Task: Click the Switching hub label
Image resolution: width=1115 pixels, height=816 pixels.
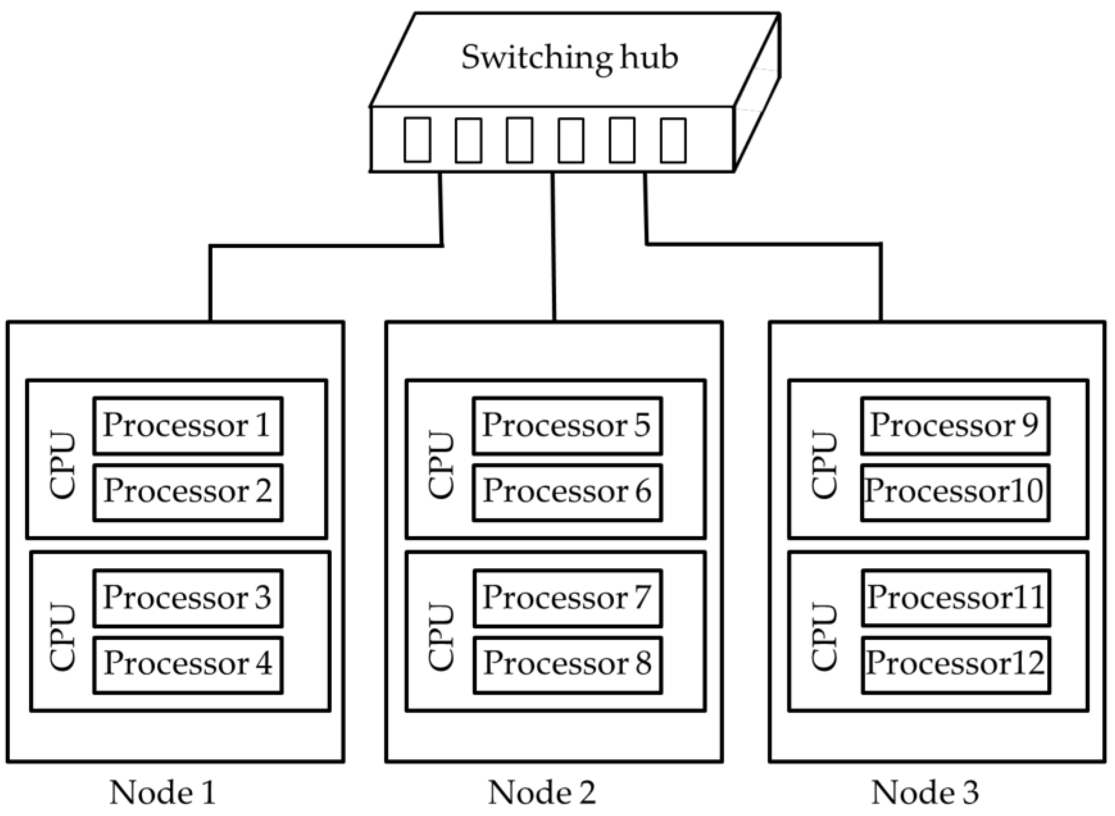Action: pos(569,58)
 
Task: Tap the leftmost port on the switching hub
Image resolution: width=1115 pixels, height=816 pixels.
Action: pos(417,140)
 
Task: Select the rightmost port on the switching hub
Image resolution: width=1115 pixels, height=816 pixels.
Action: pos(673,140)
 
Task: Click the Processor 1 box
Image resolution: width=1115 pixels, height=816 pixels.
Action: pos(188,426)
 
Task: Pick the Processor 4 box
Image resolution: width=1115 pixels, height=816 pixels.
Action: pos(188,664)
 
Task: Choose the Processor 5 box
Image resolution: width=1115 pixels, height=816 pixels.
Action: pos(567,426)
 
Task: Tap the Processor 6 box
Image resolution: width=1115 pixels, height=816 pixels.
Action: pos(567,492)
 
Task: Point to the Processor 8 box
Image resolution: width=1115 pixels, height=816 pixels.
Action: pos(568,664)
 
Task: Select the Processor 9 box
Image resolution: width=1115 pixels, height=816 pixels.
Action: pos(955,426)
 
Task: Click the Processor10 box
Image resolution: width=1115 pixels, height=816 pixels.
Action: pos(955,492)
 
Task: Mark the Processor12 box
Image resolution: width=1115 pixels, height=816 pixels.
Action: pos(956,664)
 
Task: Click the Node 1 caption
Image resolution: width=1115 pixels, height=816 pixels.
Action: pos(162,793)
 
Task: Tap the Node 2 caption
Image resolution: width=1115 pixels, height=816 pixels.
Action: pos(541,793)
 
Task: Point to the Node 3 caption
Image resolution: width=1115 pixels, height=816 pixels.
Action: pos(925,793)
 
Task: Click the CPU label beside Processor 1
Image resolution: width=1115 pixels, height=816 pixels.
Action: pos(63,466)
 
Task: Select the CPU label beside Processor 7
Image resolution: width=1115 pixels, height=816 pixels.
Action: pos(441,637)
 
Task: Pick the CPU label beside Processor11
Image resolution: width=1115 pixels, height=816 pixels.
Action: pos(824,637)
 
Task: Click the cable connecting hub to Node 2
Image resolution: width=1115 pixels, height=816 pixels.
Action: pos(553,247)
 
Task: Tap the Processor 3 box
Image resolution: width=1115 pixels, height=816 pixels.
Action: pos(188,598)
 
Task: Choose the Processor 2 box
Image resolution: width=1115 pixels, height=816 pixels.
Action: pos(188,492)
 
